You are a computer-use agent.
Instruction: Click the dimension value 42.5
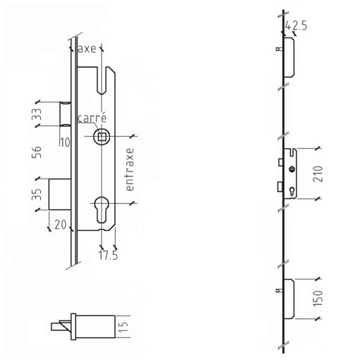(296, 25)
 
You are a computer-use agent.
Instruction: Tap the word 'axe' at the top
(87, 49)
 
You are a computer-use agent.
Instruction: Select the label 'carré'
(92, 118)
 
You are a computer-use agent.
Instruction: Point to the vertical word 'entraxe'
(130, 169)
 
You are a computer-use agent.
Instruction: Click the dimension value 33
(37, 114)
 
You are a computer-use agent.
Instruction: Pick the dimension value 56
(37, 152)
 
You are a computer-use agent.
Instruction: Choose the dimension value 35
(37, 194)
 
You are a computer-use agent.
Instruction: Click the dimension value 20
(61, 224)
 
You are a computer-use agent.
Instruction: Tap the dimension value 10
(65, 143)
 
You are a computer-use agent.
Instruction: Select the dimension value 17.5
(108, 256)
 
